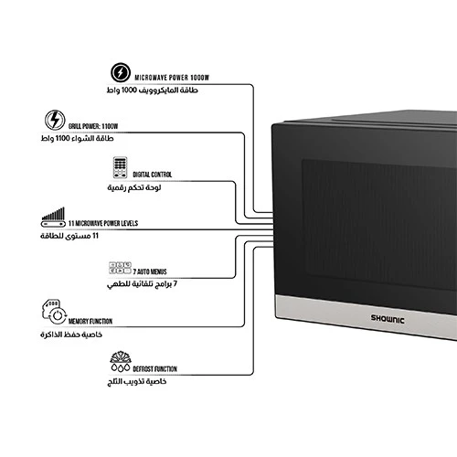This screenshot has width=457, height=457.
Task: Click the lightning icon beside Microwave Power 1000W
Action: [x=121, y=72]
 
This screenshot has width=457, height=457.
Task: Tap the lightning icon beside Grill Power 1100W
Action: [x=55, y=120]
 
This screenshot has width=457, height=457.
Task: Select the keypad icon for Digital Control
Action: [x=120, y=167]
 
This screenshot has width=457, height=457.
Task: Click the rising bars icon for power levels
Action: [x=53, y=217]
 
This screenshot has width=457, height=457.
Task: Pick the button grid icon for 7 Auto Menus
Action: [x=120, y=268]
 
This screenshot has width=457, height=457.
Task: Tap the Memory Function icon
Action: [x=54, y=312]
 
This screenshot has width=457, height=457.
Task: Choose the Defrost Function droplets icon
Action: [x=121, y=361]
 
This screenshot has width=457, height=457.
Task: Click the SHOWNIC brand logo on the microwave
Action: [x=388, y=319]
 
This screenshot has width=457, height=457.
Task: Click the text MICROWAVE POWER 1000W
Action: [x=172, y=78]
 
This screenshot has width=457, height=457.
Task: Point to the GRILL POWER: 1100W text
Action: [x=93, y=126]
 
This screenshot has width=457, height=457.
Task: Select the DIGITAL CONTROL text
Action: [x=153, y=175]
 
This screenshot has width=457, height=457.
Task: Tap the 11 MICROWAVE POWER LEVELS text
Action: [x=103, y=223]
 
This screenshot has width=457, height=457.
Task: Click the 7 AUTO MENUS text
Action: [x=150, y=271]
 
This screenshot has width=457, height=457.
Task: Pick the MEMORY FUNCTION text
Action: [x=90, y=321]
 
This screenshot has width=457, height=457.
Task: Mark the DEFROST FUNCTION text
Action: [x=154, y=369]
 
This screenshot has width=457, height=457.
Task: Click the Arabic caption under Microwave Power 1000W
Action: [x=153, y=90]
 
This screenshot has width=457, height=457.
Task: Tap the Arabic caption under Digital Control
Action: [x=134, y=187]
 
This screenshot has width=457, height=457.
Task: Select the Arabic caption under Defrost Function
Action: [x=137, y=382]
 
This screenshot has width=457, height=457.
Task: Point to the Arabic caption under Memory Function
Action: [x=71, y=335]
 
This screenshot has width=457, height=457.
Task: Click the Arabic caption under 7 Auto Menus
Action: [x=142, y=284]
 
